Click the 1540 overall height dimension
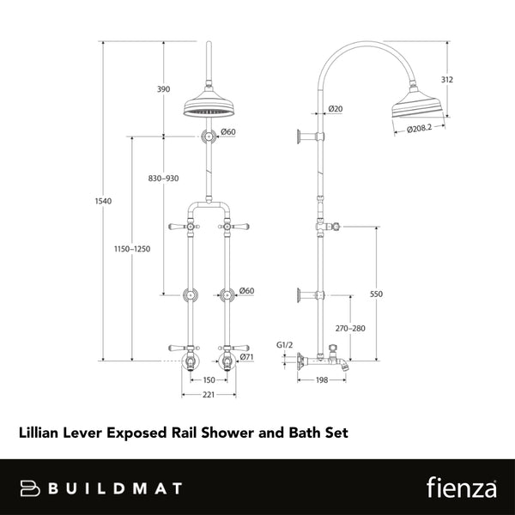pyautogui.click(x=104, y=201)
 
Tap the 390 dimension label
pyautogui.click(x=163, y=89)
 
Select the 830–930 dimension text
pyautogui.click(x=163, y=179)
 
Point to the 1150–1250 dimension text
pyautogui.click(x=133, y=249)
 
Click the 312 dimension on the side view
pyautogui.click(x=447, y=80)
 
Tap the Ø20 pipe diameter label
pyautogui.click(x=336, y=109)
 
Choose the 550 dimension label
pyautogui.click(x=375, y=294)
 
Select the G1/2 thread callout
pyautogui.click(x=286, y=346)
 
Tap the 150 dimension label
pyautogui.click(x=209, y=379)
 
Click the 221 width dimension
pyautogui.click(x=209, y=396)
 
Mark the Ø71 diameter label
pyautogui.click(x=245, y=356)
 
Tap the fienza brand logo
pyautogui.click(x=461, y=488)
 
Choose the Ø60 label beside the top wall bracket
pyautogui.click(x=228, y=131)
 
